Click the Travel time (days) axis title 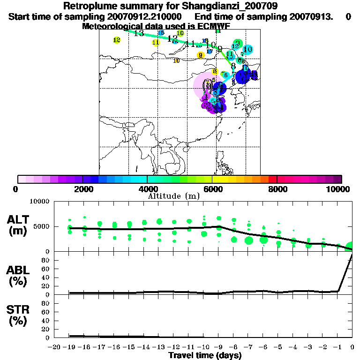tap(205, 355)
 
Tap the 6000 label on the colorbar tap(212, 189)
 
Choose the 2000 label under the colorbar tap(83, 189)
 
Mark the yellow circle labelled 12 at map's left tap(117, 40)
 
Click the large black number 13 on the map tap(139, 33)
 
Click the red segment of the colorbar tap(272, 179)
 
